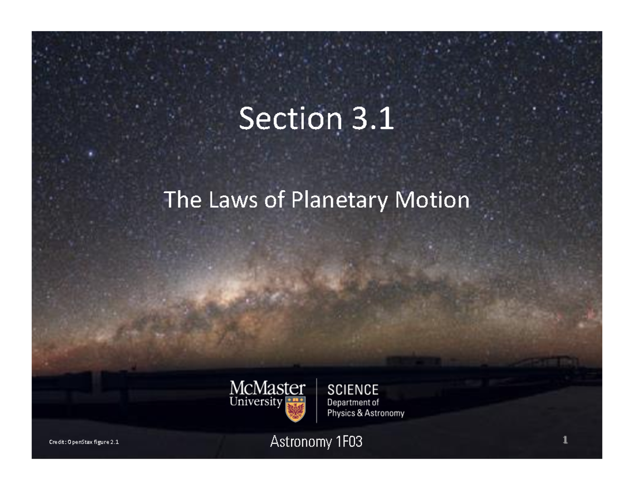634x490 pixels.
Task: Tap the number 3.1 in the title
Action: click(370, 119)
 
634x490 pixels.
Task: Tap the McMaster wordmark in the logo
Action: click(267, 390)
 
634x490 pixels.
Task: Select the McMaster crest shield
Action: click(295, 409)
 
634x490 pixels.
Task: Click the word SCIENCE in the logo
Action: click(353, 390)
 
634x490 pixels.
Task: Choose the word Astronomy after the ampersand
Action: click(385, 413)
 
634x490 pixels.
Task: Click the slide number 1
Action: click(565, 440)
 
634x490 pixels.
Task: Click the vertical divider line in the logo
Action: click(316, 401)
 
